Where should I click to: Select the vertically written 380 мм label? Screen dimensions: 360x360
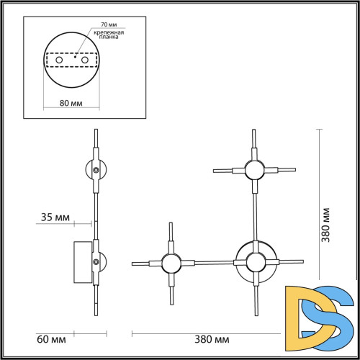coord(325,223)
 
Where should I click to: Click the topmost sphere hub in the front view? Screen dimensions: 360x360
coord(253,171)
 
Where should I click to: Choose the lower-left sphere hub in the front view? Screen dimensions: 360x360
coord(171,263)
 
